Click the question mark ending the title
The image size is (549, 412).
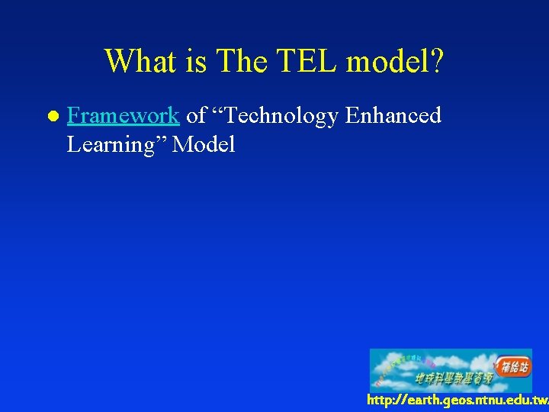click(436, 61)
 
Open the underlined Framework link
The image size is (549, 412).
click(123, 116)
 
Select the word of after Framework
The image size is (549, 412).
click(196, 116)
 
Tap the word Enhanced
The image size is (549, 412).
click(393, 116)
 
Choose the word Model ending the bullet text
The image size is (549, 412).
click(204, 144)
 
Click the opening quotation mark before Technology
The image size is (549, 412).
click(217, 111)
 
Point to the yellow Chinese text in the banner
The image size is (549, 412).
click(454, 378)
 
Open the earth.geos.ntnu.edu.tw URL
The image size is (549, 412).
click(457, 401)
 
